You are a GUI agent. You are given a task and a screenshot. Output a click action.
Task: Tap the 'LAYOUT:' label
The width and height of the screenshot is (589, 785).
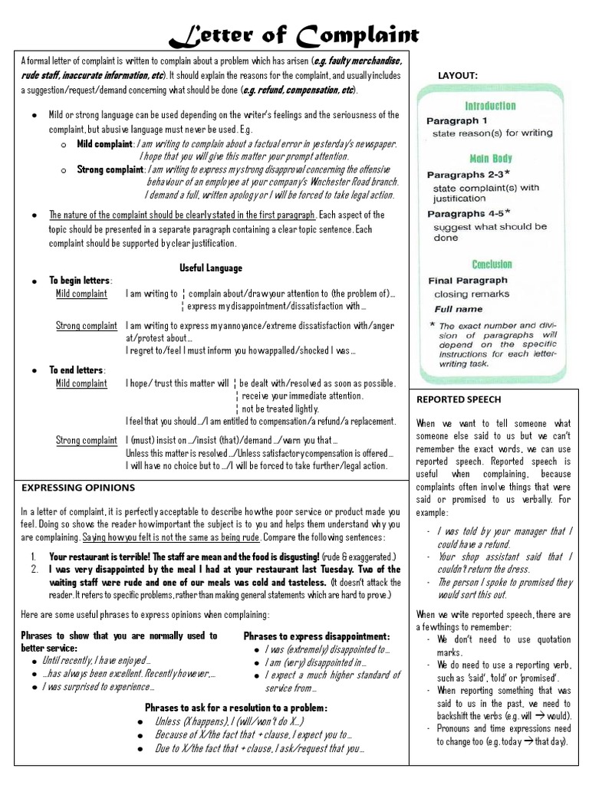pos(458,75)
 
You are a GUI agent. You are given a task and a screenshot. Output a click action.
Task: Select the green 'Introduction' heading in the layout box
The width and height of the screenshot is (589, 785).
pos(491,106)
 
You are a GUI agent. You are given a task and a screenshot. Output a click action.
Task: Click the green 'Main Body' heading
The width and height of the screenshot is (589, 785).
pos(491,159)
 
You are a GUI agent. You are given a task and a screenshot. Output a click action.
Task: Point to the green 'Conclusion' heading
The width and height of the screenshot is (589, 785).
pos(492,264)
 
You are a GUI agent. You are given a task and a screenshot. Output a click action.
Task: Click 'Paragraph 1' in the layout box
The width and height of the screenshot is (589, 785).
pos(456,120)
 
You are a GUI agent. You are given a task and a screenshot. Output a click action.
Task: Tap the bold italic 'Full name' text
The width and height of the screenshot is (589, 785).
pos(459,310)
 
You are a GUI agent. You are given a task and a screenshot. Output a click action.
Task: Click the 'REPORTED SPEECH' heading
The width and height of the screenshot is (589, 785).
pos(459,399)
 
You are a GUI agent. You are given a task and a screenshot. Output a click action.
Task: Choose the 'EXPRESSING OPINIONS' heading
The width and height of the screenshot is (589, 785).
pos(78,488)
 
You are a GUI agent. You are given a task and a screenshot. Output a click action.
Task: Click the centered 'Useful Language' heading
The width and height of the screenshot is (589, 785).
pos(210,268)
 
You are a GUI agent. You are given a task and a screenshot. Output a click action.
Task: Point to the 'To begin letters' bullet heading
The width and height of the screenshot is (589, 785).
pos(81,281)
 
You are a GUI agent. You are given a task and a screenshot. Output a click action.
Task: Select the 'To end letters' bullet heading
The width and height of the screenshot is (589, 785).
pos(77,370)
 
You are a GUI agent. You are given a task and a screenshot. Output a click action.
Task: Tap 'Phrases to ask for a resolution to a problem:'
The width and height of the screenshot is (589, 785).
pos(236,707)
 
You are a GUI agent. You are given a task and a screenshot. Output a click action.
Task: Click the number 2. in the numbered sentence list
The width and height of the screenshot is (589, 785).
pos(35,570)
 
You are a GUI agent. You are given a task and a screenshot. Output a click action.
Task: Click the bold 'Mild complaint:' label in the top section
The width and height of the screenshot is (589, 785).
pos(106,144)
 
